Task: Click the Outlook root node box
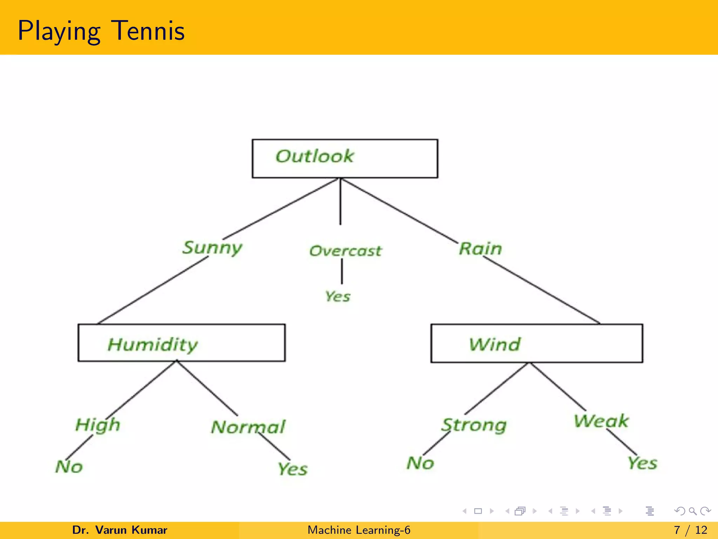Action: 345,158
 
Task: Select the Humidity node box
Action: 181,343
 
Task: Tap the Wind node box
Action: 536,343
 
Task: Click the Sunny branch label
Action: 212,248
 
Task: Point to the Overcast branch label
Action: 345,251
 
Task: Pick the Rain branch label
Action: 481,248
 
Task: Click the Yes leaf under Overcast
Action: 338,297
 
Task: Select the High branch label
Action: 98,425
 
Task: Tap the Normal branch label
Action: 248,427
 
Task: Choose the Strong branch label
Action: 474,425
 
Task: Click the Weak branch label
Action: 601,421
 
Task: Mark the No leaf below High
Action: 69,467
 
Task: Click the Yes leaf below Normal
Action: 293,469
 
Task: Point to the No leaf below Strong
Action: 420,463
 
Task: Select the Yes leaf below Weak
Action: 642,463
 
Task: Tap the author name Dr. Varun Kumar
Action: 120,530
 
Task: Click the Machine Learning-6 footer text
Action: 359,530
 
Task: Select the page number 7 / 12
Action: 690,530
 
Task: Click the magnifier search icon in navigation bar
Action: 692,511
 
